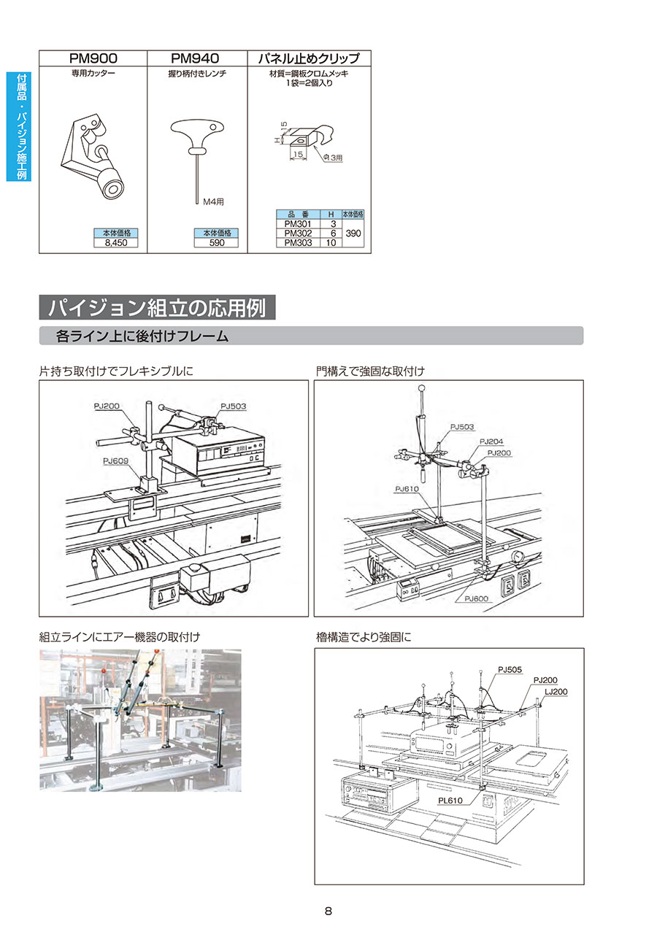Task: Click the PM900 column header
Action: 93,58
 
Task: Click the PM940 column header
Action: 196,58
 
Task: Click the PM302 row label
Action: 298,234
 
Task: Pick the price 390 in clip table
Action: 353,234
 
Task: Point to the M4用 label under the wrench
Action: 215,201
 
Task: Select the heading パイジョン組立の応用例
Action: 157,307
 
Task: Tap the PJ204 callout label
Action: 491,442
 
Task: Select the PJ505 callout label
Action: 510,668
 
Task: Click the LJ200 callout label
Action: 556,691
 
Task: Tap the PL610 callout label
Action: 451,801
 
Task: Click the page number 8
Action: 328,911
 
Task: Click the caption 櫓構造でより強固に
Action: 364,637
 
